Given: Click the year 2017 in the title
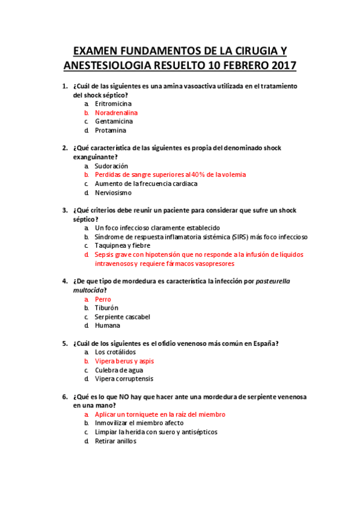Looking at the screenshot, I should (282, 65).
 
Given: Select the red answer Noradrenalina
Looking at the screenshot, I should (116, 112).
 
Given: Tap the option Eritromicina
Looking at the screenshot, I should (113, 103).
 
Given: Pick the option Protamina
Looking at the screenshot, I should (111, 130).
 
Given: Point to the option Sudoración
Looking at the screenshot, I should (111, 165).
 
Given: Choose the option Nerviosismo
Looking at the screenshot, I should (113, 192).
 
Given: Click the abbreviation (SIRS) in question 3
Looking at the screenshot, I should (230, 237).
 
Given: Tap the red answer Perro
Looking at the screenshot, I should (103, 299).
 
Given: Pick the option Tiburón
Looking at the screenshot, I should (106, 308).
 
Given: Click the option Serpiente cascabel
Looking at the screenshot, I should (123, 316).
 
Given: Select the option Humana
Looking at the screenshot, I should (107, 325).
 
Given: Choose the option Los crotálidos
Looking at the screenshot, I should (115, 352).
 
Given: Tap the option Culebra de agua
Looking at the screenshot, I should (119, 370).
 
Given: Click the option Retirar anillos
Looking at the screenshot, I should (115, 441).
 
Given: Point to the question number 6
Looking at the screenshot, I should (64, 397).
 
